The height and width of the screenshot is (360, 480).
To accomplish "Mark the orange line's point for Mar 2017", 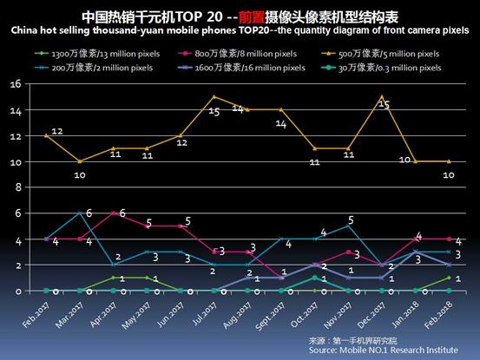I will [81, 161].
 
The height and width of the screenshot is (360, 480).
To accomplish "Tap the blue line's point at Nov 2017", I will [349, 226].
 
